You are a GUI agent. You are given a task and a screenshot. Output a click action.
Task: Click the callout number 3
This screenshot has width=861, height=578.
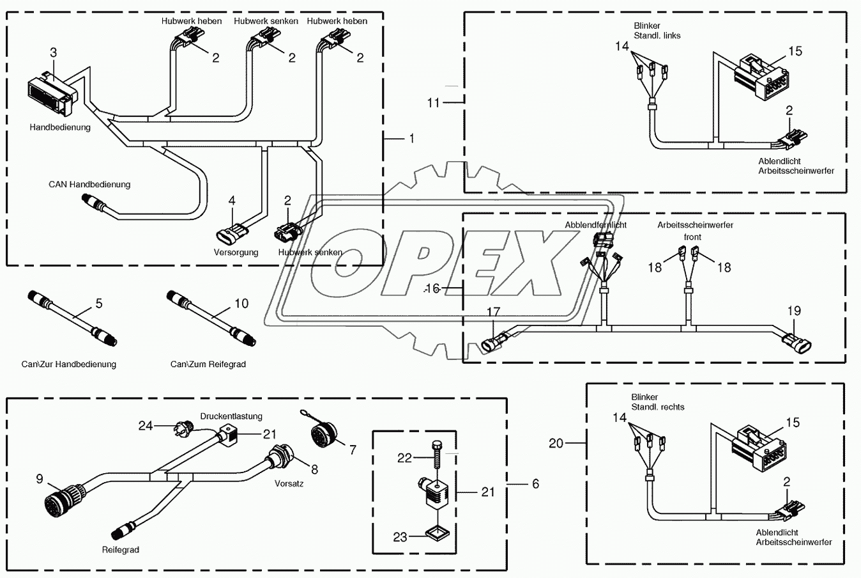54,52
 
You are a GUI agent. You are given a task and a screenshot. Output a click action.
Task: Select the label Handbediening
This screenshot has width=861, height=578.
60,127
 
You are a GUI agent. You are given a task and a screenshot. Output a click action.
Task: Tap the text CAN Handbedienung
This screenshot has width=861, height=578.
89,184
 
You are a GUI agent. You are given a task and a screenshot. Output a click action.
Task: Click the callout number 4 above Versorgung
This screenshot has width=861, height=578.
232,201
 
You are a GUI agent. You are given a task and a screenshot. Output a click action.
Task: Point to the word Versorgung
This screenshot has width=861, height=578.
236,252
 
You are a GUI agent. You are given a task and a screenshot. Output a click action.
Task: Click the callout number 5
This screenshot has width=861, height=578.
99,303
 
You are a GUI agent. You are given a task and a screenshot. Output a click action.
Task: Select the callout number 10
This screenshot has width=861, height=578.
241,303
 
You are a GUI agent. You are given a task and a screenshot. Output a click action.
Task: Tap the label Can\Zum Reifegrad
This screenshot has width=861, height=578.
208,364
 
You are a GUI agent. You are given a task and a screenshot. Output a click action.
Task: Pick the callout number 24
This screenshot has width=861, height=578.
146,425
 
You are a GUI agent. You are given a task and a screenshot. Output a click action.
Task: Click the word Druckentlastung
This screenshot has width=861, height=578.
231,416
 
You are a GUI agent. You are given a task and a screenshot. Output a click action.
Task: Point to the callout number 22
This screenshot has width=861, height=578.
405,458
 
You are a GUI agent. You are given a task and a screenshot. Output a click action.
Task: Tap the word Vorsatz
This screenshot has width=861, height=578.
289,483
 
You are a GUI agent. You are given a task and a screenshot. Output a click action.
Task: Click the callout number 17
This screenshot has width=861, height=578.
494,312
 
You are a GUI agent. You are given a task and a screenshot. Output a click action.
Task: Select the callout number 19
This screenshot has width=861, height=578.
793,311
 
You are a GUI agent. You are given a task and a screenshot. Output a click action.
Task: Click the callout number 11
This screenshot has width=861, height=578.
434,102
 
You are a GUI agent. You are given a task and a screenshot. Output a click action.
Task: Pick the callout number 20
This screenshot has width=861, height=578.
556,443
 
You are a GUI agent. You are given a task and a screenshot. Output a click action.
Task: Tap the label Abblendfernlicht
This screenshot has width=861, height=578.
595,225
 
